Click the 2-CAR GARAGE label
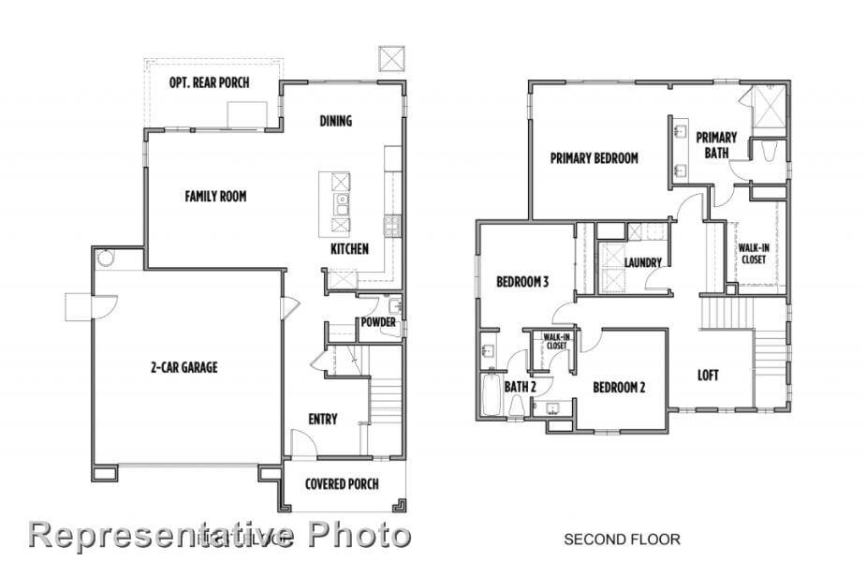[x=183, y=367]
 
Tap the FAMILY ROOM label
[x=215, y=196]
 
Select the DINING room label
[x=335, y=120]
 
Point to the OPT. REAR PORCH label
[x=209, y=82]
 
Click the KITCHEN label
[x=349, y=249]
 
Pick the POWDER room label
[x=378, y=323]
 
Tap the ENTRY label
[x=323, y=419]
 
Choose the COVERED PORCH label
[x=342, y=484]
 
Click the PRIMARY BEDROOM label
[x=594, y=158]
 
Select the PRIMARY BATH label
[x=716, y=144]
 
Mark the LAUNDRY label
[x=643, y=262]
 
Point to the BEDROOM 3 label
[x=521, y=281]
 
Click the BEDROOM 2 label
[x=619, y=387]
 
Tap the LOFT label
[x=708, y=376]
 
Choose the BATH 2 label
[x=520, y=387]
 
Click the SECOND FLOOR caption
[x=621, y=539]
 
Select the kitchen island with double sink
[x=335, y=202]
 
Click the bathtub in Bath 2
[x=491, y=394]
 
